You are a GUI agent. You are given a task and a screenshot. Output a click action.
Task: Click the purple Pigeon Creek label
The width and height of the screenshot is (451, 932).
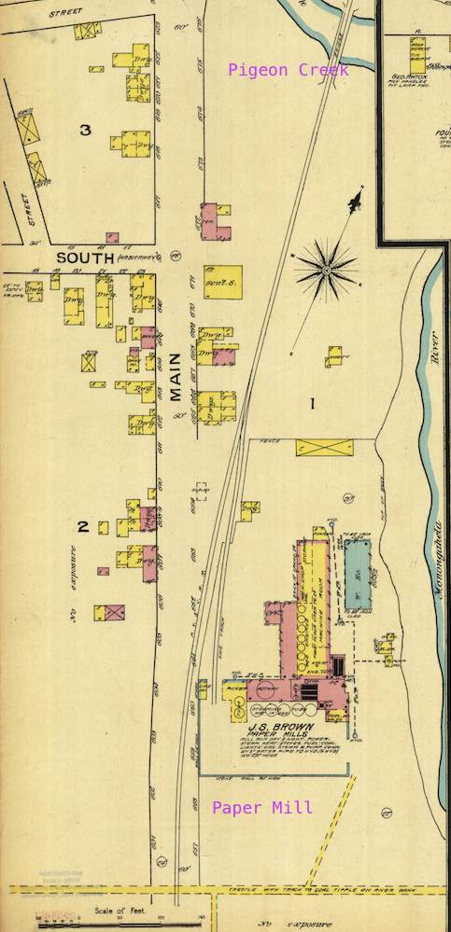(x=289, y=70)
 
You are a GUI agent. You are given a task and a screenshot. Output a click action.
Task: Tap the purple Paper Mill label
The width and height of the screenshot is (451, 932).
(x=262, y=808)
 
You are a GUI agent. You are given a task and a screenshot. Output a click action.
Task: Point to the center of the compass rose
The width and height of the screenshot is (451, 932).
(x=327, y=270)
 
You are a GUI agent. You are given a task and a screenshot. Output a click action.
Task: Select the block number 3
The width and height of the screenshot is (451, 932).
(x=85, y=130)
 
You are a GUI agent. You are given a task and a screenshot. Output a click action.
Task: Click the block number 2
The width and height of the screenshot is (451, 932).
(x=82, y=527)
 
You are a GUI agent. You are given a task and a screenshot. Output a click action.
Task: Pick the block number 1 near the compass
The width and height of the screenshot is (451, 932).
(x=313, y=403)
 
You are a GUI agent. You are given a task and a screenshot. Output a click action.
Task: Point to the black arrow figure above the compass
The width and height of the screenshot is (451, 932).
(x=354, y=200)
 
